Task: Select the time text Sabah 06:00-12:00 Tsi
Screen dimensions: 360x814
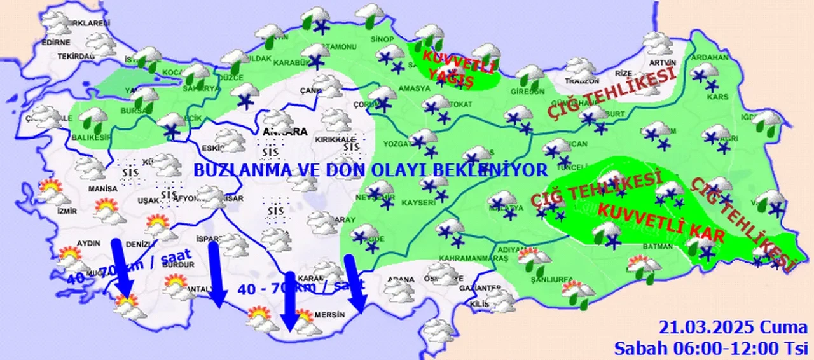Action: (x=710, y=348)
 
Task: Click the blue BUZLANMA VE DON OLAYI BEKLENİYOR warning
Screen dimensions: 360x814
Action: (x=370, y=170)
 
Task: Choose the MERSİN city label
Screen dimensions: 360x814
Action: (x=329, y=315)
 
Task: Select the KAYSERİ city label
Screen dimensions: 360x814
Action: (x=418, y=203)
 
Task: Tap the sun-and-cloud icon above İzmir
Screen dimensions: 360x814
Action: (x=49, y=189)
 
